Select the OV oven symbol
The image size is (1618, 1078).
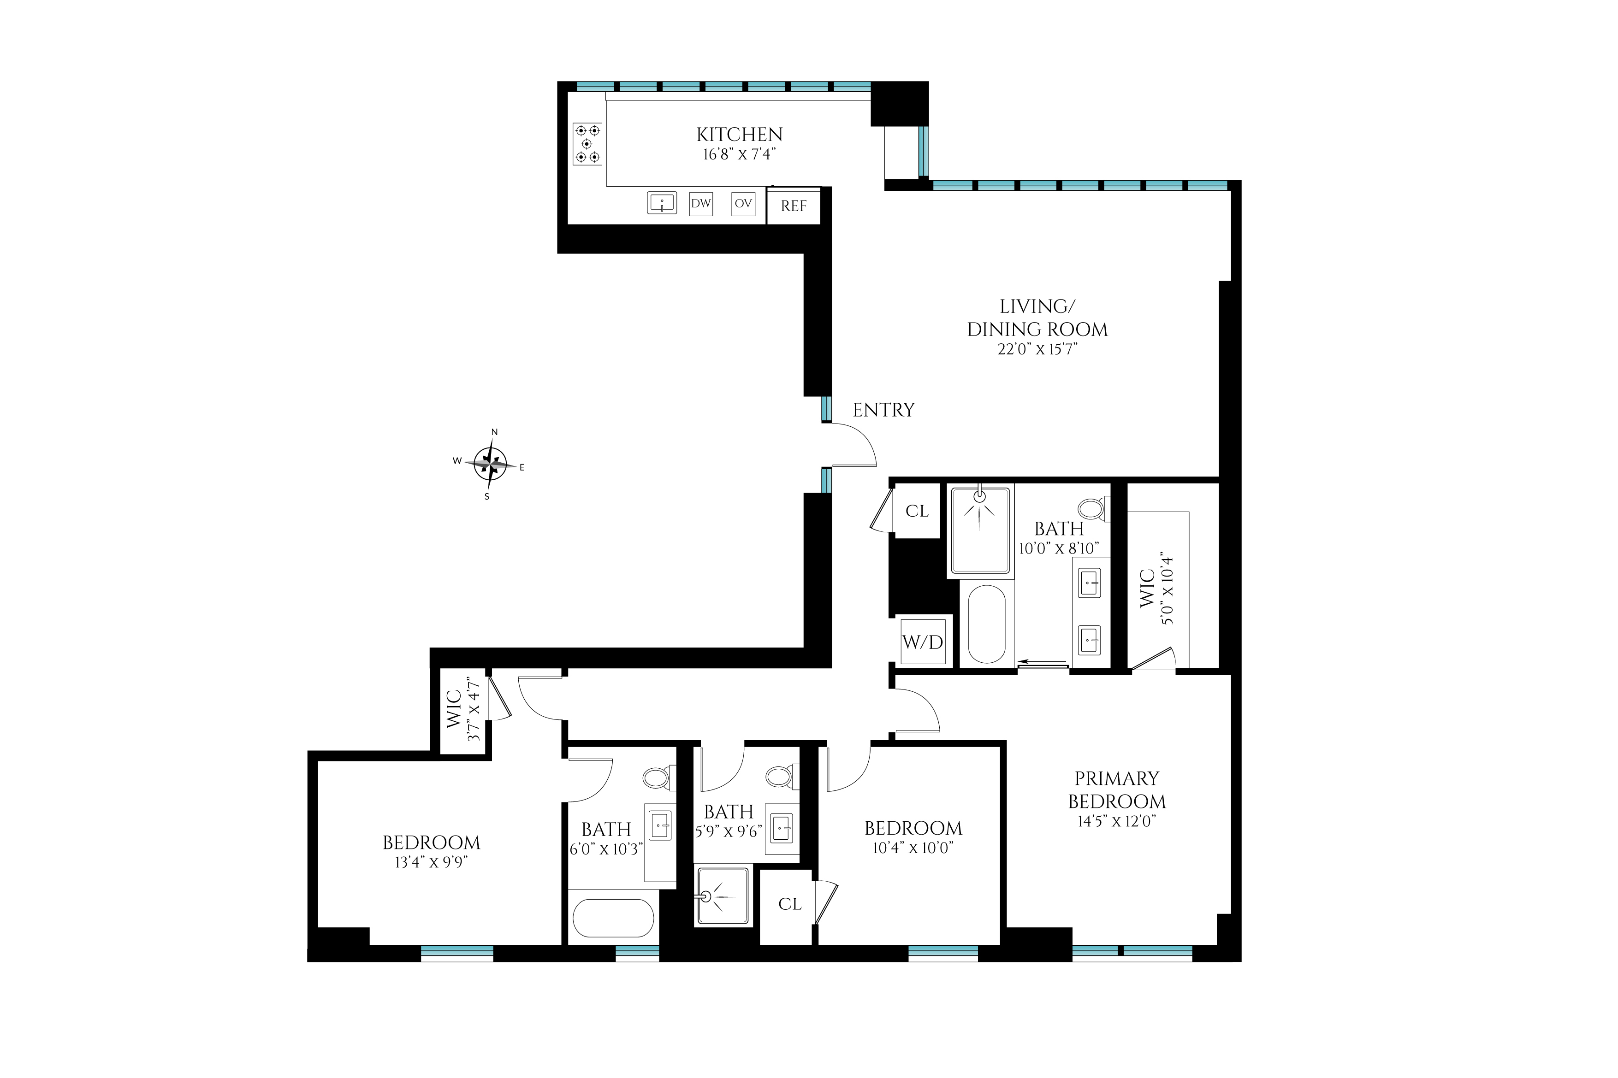(743, 204)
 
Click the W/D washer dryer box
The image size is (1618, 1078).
(922, 642)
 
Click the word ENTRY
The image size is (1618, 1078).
(883, 411)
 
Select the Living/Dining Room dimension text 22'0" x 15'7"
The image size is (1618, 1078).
(1037, 349)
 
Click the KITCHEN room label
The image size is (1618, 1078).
(739, 135)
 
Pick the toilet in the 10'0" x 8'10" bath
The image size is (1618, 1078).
(1091, 509)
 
